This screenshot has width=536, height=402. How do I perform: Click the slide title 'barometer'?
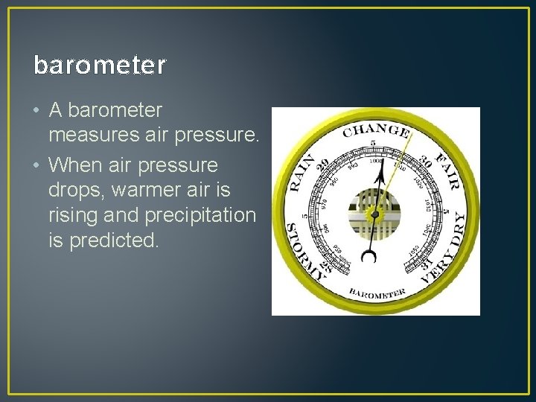click(100, 66)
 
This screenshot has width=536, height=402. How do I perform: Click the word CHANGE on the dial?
click(376, 132)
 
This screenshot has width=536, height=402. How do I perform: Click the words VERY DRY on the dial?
click(446, 249)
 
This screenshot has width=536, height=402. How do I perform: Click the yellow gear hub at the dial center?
click(375, 214)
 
